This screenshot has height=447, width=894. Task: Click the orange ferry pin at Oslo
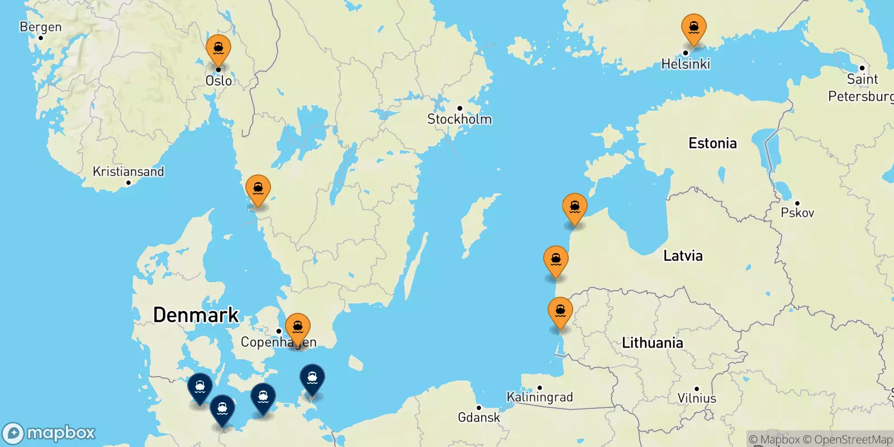pyautogui.click(x=218, y=49)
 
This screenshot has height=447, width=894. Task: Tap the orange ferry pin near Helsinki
pyautogui.click(x=693, y=28)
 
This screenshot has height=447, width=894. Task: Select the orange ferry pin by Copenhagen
pyautogui.click(x=298, y=327)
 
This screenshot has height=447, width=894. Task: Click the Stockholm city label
pyautogui.click(x=459, y=119)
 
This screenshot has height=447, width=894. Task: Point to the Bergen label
pyautogui.click(x=40, y=27)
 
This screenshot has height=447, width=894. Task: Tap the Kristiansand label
pyautogui.click(x=128, y=172)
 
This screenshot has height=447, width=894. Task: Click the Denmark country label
pyautogui.click(x=196, y=315)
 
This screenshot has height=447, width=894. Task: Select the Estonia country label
pyautogui.click(x=712, y=144)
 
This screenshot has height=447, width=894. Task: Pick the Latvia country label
pyautogui.click(x=683, y=256)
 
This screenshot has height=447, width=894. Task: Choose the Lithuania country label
pyautogui.click(x=652, y=343)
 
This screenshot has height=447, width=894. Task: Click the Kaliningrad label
pyautogui.click(x=539, y=397)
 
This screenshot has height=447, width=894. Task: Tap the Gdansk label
pyautogui.click(x=479, y=417)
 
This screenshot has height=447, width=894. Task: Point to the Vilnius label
pyautogui.click(x=697, y=398)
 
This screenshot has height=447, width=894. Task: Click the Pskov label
pyautogui.click(x=797, y=213)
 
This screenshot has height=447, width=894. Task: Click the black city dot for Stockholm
pyautogui.click(x=460, y=108)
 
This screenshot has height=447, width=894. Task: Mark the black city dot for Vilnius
pyautogui.click(x=697, y=389)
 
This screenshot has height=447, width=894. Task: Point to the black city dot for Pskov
pyautogui.click(x=797, y=203)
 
